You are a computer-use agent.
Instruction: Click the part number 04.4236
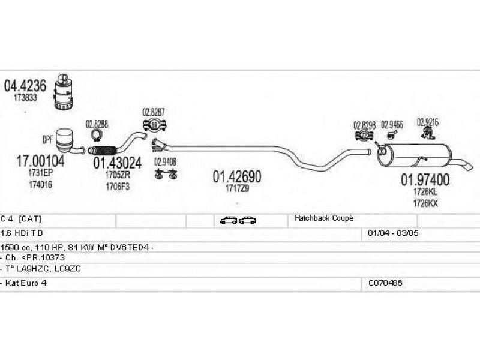(x=25, y=86)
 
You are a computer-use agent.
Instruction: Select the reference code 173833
(x=26, y=97)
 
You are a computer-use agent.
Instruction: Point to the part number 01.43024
(x=117, y=163)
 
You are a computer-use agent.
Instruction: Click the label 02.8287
(x=154, y=112)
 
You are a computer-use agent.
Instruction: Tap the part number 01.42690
(x=237, y=176)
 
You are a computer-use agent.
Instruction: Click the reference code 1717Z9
(x=237, y=188)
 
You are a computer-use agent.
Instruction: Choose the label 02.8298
(x=365, y=125)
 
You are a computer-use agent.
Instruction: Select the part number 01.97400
(x=425, y=179)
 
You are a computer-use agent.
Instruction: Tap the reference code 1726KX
(x=425, y=203)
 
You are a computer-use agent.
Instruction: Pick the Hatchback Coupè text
(x=322, y=219)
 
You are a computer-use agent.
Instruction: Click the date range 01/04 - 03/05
(x=389, y=232)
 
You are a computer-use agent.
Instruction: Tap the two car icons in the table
(x=238, y=220)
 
